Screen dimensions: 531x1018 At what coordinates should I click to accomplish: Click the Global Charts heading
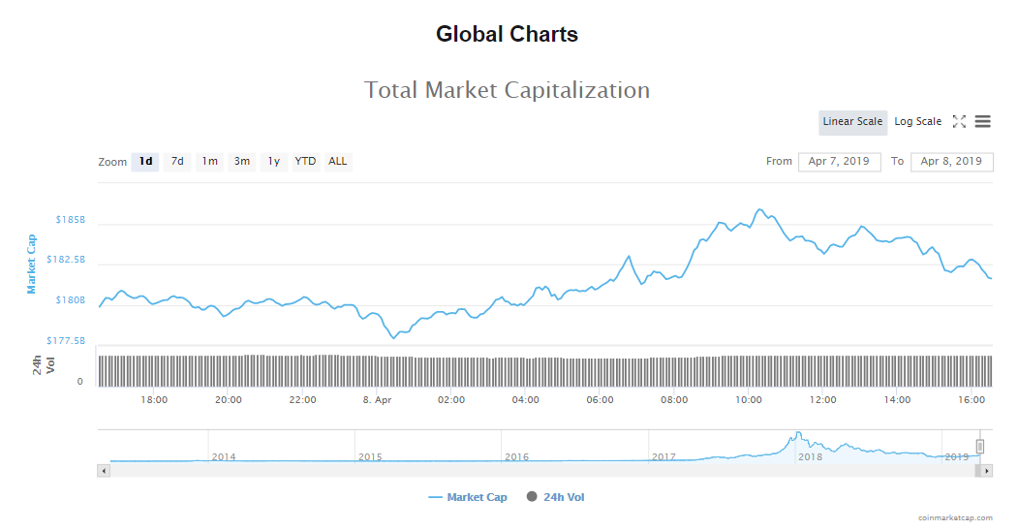pyautogui.click(x=507, y=35)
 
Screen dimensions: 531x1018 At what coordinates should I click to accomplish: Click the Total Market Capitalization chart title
pyautogui.click(x=507, y=90)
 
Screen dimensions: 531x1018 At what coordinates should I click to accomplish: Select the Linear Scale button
pyautogui.click(x=852, y=122)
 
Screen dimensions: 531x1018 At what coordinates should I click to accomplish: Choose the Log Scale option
pyautogui.click(x=917, y=122)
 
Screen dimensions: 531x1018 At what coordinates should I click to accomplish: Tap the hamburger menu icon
pyautogui.click(x=982, y=122)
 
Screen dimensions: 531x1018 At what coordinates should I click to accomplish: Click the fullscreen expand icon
pyautogui.click(x=959, y=122)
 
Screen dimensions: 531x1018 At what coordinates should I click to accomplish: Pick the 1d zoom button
pyautogui.click(x=145, y=162)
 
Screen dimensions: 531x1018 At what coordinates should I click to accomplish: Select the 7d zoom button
pyautogui.click(x=177, y=162)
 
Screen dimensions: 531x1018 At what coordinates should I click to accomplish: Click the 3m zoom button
pyautogui.click(x=241, y=162)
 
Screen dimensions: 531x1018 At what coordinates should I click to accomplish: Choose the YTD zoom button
pyautogui.click(x=305, y=162)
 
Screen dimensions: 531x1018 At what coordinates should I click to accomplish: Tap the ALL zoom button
pyautogui.click(x=337, y=162)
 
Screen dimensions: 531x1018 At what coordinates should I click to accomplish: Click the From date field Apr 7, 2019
pyautogui.click(x=839, y=162)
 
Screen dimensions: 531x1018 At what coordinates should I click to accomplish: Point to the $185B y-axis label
pyautogui.click(x=71, y=220)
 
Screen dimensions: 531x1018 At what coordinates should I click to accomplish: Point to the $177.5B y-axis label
pyautogui.click(x=66, y=341)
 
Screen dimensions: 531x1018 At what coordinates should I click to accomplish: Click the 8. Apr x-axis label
pyautogui.click(x=377, y=399)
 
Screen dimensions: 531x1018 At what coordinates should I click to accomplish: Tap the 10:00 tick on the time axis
pyautogui.click(x=749, y=399)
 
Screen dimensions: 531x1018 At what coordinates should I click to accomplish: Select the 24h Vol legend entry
pyautogui.click(x=556, y=497)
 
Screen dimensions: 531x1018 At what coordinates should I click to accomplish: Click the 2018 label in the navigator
pyautogui.click(x=810, y=456)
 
